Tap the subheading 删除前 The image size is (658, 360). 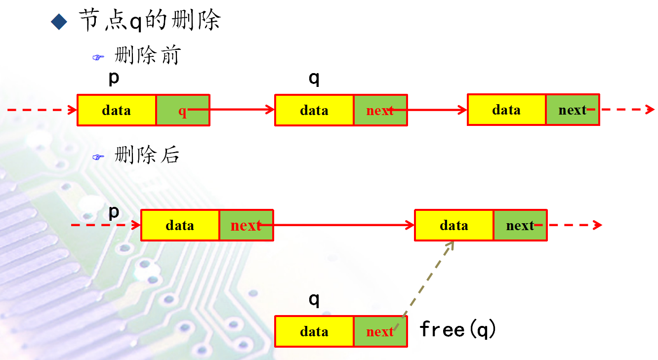[147, 55]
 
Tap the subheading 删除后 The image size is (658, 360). [147, 155]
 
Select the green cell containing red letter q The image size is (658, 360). [183, 110]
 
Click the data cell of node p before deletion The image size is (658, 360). [117, 110]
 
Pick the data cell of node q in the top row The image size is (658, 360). [314, 110]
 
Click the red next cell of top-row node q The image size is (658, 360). [380, 110]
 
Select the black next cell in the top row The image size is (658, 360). [572, 110]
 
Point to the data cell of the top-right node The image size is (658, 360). [506, 110]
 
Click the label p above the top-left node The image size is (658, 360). [114, 78]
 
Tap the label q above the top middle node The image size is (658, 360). [314, 79]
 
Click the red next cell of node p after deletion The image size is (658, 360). [246, 225]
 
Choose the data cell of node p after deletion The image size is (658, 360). [180, 225]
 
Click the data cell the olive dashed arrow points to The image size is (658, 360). [453, 225]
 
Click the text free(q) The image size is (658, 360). [457, 329]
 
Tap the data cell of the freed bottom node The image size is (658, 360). [314, 331]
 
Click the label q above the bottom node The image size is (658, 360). [314, 299]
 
